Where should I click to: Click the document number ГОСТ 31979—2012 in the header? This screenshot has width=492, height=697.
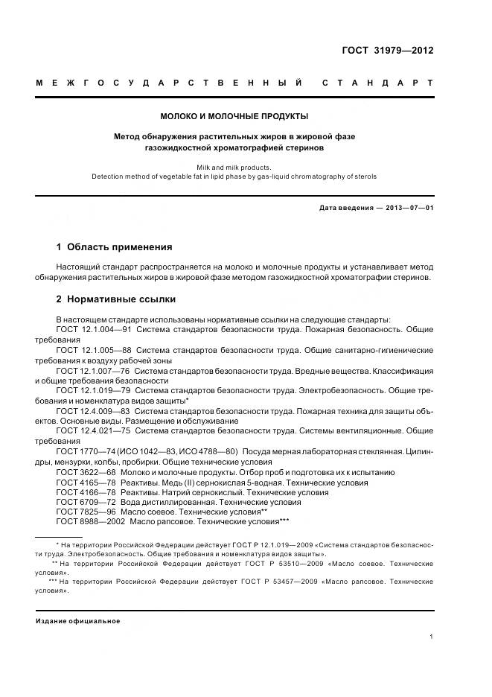pos(387,51)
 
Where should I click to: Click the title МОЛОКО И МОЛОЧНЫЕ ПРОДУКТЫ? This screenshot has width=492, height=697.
pos(234,116)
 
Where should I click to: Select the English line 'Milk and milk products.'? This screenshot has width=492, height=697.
pos(234,168)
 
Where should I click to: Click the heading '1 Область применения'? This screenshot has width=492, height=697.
pos(114,246)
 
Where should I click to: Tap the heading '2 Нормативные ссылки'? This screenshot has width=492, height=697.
pos(116,299)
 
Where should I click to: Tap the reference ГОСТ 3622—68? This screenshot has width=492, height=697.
pos(88,472)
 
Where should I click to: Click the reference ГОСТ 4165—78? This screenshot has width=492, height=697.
pos(88,483)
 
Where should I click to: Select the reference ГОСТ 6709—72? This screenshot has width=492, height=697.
pos(88,503)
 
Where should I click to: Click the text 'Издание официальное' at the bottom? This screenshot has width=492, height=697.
pos(78,621)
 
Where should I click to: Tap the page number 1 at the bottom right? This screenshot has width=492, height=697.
pos(431,637)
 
